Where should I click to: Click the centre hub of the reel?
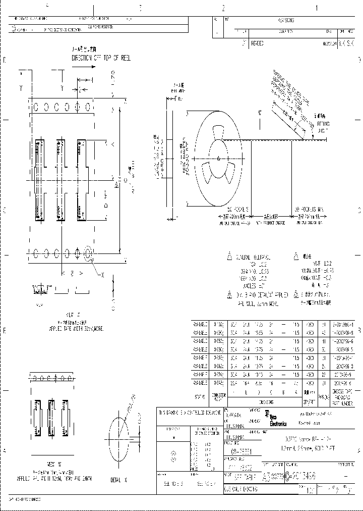click(218, 159)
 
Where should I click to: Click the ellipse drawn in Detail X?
click(119, 435)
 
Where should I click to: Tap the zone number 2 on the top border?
click(223, 8)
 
